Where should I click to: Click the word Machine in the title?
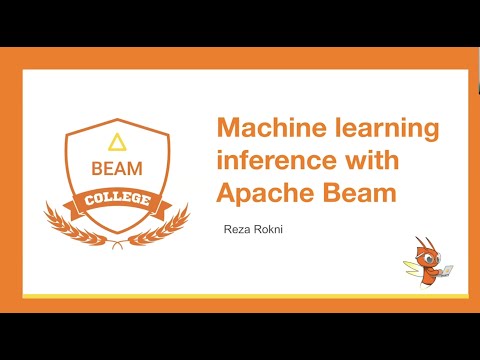(x=262, y=129)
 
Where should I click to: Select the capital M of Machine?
(x=230, y=129)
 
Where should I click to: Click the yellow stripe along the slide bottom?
(x=240, y=297)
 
